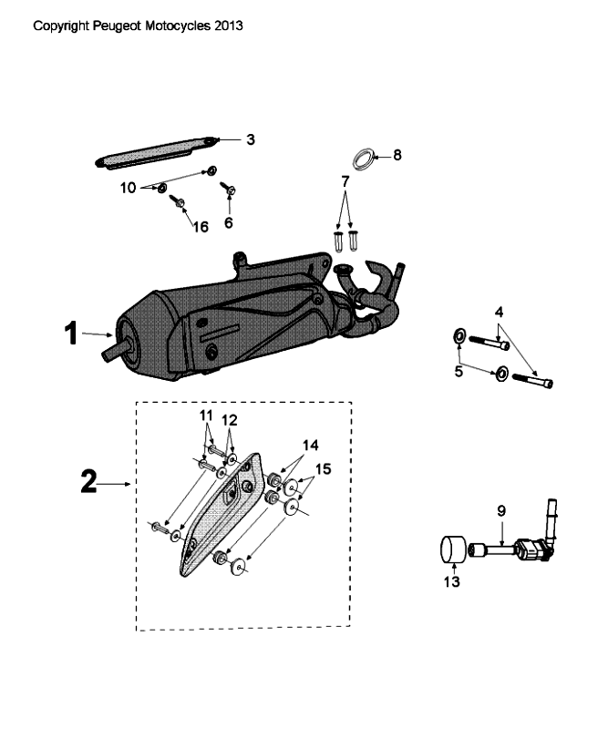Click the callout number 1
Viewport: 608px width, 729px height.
pos(72,334)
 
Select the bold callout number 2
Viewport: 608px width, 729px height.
pos(88,482)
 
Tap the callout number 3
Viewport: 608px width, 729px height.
pos(251,139)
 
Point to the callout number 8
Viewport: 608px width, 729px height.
pos(397,155)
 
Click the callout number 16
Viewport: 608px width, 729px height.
pos(201,226)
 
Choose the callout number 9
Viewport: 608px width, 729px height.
pos(500,511)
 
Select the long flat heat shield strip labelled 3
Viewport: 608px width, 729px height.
pos(160,151)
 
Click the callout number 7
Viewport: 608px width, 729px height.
pos(345,182)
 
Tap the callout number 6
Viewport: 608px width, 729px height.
pos(229,221)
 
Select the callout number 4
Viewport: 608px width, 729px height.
pos(499,312)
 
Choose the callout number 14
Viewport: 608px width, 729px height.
pos(313,446)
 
